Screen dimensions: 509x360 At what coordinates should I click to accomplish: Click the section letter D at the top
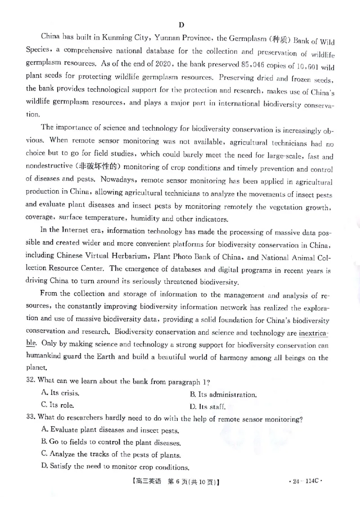[181, 25]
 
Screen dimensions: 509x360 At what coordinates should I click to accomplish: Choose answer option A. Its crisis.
[60, 393]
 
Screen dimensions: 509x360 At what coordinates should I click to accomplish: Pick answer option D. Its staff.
[207, 407]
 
